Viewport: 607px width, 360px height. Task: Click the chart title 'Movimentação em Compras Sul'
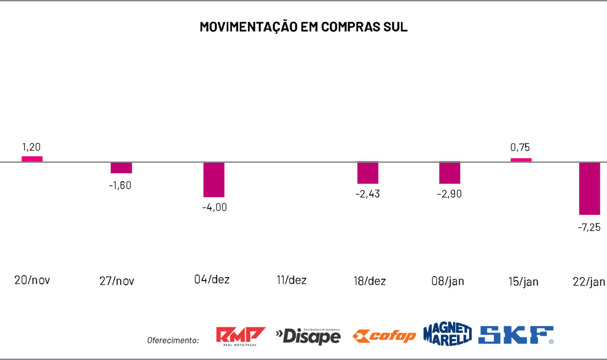coord(303,27)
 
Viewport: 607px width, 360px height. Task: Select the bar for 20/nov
coord(32,159)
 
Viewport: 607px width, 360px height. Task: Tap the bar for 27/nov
coord(121,168)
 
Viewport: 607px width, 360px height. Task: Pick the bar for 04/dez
coord(214,179)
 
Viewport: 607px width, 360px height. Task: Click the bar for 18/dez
coord(368,173)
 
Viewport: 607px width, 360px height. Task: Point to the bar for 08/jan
coord(450,173)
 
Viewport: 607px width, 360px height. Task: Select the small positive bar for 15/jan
coord(521,160)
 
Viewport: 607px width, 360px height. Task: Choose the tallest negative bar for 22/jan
coord(589,188)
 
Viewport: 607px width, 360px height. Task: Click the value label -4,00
coord(214,207)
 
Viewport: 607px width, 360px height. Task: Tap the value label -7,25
coord(589,227)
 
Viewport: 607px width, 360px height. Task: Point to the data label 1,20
coord(32,147)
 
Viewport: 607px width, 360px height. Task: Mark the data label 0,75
coord(520,147)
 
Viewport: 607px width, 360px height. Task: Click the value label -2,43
coord(368,194)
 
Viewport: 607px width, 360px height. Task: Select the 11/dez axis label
coord(292,280)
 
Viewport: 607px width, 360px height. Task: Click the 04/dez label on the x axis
coord(212,279)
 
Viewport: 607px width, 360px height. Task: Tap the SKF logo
coord(516,335)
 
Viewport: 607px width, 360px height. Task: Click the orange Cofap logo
coord(384,336)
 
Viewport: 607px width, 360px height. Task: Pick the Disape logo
coord(308,336)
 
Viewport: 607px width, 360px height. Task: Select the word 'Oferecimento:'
coord(173,340)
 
